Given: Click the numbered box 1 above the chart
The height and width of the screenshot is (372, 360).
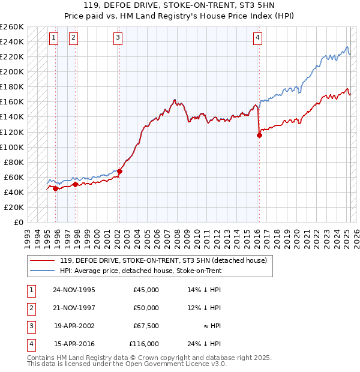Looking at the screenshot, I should (53, 38).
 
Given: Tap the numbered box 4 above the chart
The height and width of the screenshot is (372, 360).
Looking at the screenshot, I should (257, 38).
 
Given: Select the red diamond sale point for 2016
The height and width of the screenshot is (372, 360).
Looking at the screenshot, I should (259, 135).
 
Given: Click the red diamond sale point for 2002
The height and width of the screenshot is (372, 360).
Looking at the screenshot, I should (119, 172).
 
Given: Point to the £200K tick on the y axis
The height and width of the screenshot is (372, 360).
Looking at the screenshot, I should (12, 71).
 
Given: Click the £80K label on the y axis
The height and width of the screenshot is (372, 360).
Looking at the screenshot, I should (14, 162).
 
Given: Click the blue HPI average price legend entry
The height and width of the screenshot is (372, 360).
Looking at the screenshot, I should (140, 271).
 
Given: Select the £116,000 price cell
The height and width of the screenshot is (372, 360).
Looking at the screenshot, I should (144, 344).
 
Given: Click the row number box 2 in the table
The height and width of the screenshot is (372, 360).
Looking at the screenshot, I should (31, 308).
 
